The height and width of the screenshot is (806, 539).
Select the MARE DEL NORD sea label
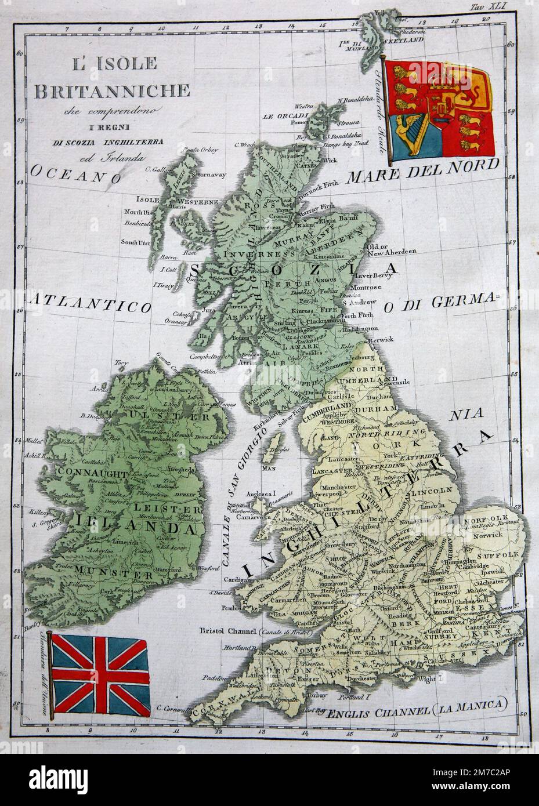pos(422,168)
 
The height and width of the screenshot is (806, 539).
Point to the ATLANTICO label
pos(89,302)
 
